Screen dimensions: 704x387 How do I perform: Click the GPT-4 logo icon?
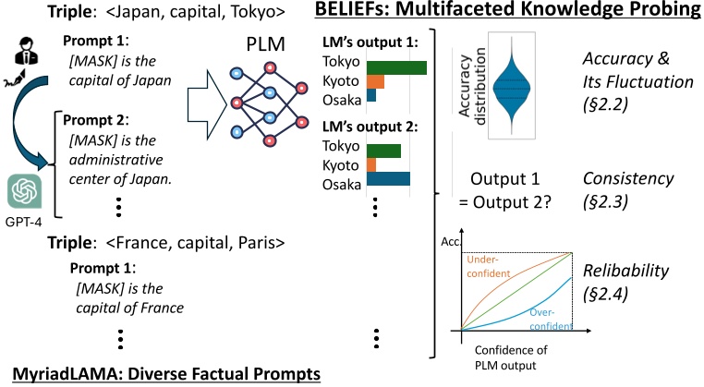tap(24, 192)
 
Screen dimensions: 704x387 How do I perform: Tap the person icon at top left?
tap(27, 50)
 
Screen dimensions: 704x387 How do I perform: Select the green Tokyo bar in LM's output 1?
tap(396, 67)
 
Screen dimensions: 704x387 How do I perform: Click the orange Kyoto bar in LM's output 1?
tap(375, 81)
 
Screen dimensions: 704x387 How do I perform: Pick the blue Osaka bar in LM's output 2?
tap(388, 178)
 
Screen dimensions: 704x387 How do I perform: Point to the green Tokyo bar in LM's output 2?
tap(384, 151)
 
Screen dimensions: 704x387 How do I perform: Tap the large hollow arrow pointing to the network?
tap(208, 104)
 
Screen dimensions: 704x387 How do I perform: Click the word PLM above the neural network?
tap(265, 44)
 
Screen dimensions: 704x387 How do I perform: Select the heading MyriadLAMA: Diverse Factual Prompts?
tap(166, 373)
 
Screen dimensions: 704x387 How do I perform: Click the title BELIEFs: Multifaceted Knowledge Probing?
tap(508, 9)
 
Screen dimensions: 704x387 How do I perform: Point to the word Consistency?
tap(628, 178)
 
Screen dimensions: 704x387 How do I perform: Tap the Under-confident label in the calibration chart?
tap(489, 266)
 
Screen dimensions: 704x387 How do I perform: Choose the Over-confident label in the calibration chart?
tap(551, 320)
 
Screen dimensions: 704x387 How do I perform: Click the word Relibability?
tap(625, 271)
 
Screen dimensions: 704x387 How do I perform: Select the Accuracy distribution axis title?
tap(472, 86)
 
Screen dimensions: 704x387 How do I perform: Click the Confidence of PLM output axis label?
tap(511, 357)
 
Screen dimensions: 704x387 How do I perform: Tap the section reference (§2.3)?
tap(605, 201)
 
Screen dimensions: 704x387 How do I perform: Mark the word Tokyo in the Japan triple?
tap(257, 12)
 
